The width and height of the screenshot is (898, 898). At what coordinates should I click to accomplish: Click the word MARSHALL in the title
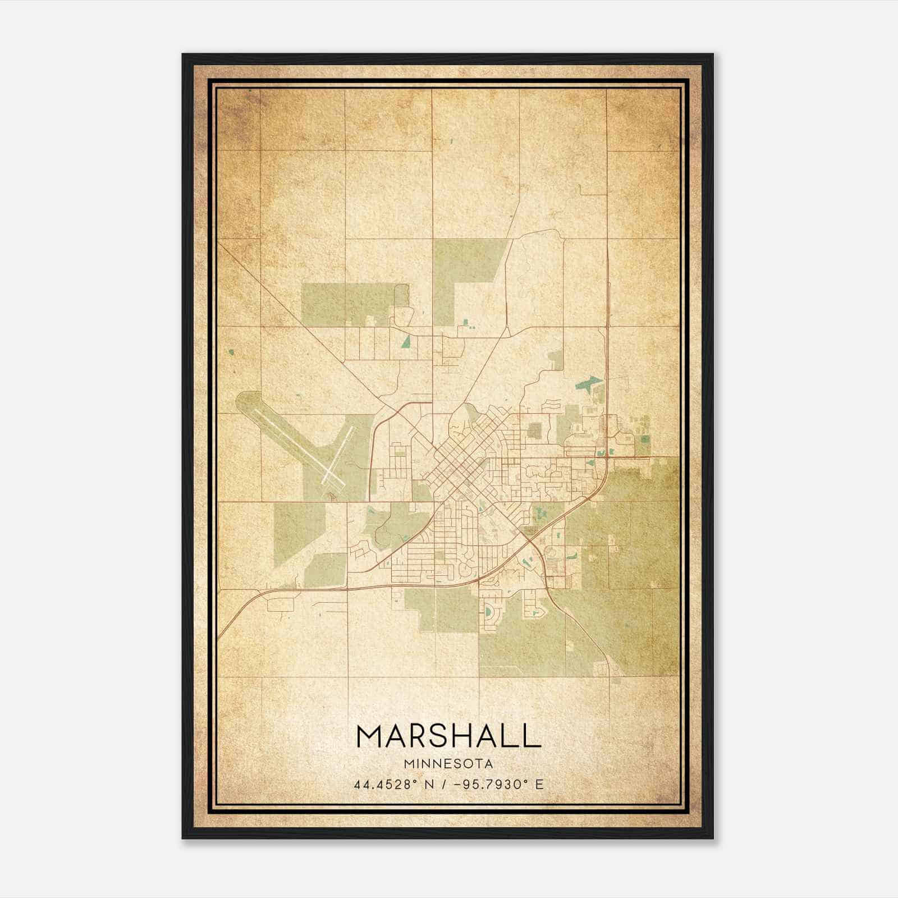point(448,736)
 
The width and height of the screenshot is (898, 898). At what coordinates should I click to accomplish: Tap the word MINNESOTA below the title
point(448,764)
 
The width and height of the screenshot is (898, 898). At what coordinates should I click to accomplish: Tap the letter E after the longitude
point(539,784)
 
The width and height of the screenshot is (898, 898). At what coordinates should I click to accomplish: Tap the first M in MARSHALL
point(370,736)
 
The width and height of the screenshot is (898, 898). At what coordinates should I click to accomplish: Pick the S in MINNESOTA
point(460,764)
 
